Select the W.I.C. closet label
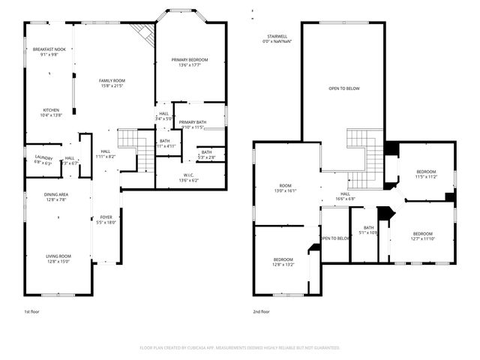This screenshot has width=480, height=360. [x=189, y=178]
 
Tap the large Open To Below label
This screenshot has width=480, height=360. [x=344, y=88]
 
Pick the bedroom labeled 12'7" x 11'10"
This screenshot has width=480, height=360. [x=423, y=236]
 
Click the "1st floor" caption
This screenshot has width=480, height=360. [x=33, y=311]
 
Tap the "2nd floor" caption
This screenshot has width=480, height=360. [x=261, y=311]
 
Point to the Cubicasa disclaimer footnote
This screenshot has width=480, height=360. [x=239, y=348]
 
